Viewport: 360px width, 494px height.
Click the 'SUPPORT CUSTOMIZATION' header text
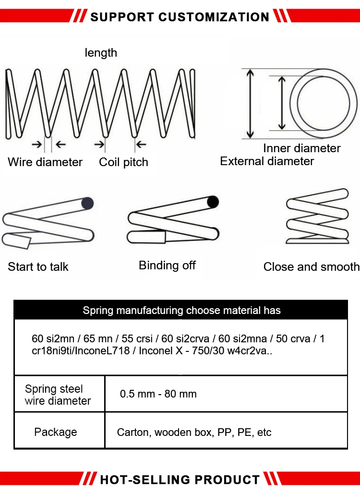[180, 17]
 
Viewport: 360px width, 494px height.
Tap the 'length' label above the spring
[101, 53]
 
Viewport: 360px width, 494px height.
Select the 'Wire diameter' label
[45, 162]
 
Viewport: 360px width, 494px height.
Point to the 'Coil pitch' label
[123, 162]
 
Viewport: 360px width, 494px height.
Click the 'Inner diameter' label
[301, 148]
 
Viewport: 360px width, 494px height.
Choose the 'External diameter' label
[267, 161]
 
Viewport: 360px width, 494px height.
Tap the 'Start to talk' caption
[38, 267]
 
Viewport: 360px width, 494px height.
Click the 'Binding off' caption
[167, 265]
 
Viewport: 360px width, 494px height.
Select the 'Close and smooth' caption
[311, 267]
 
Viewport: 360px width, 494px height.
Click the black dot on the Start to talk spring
[87, 204]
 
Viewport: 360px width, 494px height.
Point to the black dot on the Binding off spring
[213, 201]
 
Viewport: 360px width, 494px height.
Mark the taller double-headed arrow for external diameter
[250, 104]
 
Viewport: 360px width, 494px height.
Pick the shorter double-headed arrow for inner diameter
[282, 103]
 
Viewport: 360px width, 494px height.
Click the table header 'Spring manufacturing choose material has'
[181, 310]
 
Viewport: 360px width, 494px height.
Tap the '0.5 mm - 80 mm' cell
[158, 394]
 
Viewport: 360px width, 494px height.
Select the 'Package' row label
[55, 432]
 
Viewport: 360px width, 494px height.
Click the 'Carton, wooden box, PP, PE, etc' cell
[194, 433]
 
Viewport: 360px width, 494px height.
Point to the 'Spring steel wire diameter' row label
[58, 395]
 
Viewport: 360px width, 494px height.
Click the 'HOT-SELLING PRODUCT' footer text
[180, 479]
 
